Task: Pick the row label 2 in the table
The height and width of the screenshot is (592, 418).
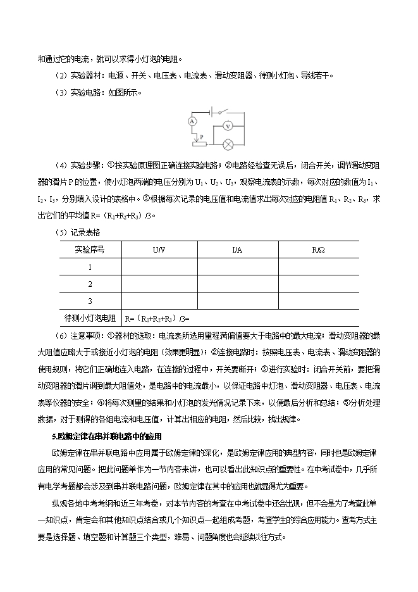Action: [x=90, y=284]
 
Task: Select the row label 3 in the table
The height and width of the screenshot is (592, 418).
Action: [x=90, y=300]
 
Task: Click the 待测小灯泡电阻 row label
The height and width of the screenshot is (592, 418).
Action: [x=90, y=317]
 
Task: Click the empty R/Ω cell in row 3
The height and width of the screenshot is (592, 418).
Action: [x=318, y=300]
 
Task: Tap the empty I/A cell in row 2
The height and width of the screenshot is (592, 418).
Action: [x=237, y=284]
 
